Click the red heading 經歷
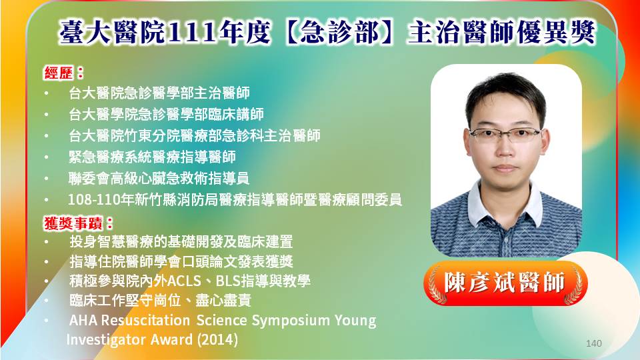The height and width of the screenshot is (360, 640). coord(59,73)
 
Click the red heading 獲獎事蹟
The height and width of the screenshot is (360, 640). coord(73,223)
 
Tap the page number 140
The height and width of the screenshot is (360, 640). coord(593,343)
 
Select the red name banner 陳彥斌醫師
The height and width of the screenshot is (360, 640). coord(505,283)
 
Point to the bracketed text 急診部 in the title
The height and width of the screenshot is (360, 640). coord(339,32)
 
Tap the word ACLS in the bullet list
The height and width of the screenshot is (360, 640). coord(184,281)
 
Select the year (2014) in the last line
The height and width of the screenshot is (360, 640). coord(217,339)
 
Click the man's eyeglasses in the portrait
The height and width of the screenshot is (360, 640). coord(506,134)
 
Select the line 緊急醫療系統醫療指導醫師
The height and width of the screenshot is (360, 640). coord(152,157)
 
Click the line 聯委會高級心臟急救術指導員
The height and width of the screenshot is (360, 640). coord(159,179)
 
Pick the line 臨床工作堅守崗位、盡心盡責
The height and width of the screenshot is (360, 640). coord(160,301)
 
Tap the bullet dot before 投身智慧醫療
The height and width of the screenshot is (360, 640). coord(47,241)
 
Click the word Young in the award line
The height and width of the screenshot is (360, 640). coord(355,321)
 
